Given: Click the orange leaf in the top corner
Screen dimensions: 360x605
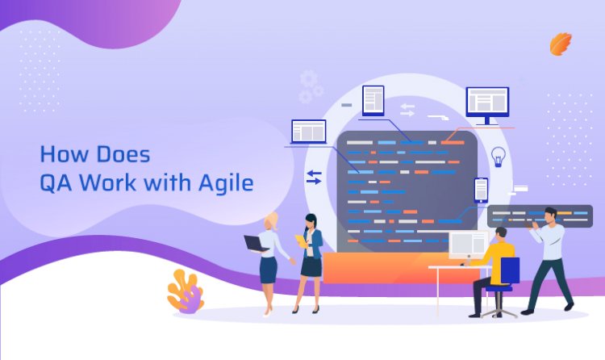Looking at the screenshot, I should (561, 44).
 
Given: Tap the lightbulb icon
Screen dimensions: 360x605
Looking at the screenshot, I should (499, 157).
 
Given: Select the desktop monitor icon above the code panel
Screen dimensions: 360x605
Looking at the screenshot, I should (487, 104).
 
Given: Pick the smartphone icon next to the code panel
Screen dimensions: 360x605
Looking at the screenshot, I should (481, 190).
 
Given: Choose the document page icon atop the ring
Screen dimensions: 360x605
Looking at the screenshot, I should (373, 100).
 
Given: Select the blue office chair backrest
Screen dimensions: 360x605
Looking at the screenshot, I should (510, 271).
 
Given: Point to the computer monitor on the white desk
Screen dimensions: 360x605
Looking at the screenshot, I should (467, 245).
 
